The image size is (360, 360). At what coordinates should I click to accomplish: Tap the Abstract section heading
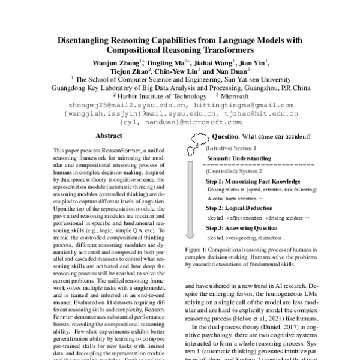109,136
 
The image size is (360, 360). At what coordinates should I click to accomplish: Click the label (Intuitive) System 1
231,148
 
